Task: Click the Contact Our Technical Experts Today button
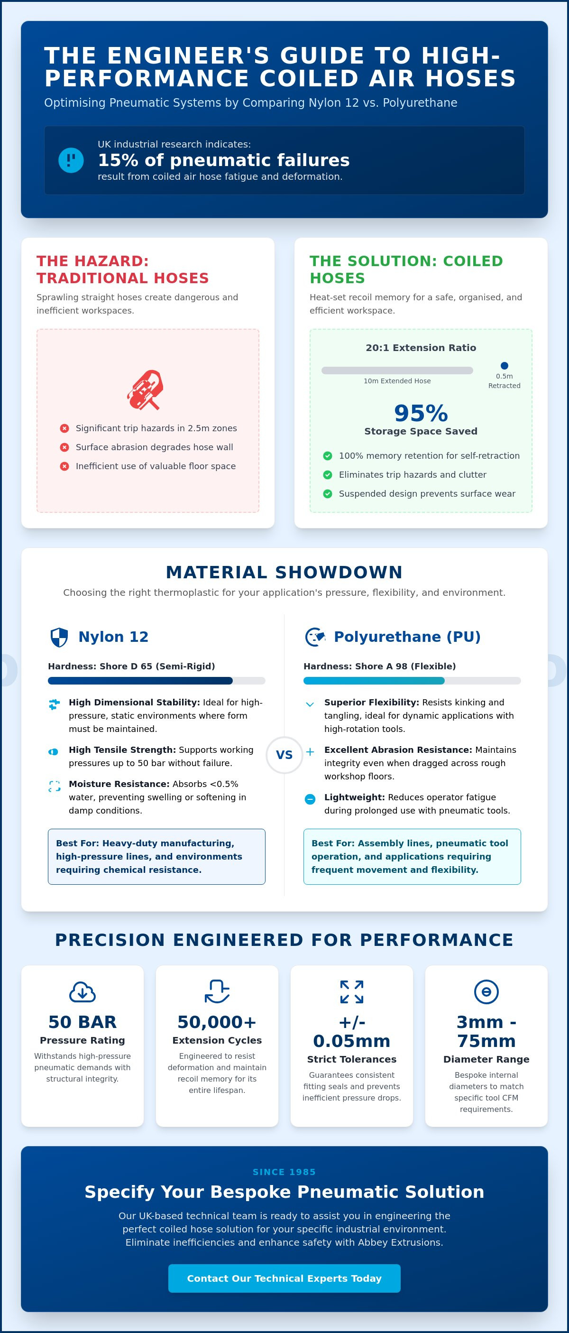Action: coord(284,1278)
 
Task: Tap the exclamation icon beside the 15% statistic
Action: coord(71,160)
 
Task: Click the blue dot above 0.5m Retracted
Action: coord(505,366)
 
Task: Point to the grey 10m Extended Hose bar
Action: coord(397,370)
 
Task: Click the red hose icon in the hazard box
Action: coord(146,389)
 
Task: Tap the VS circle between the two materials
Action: coord(284,755)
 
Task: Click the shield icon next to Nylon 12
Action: coord(59,638)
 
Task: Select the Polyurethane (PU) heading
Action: coord(407,637)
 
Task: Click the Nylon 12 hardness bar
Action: coord(156,680)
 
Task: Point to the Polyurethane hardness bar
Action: coord(412,680)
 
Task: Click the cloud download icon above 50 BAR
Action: coord(82,992)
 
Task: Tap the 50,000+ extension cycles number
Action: coord(217,1022)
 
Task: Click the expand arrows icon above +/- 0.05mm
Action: coord(352,992)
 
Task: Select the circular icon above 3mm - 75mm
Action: coord(486,992)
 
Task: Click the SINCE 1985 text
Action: coord(284,1172)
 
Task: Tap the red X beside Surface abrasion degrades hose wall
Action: coord(64,447)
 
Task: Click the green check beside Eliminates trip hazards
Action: coord(328,474)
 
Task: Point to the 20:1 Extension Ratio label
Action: coord(421,348)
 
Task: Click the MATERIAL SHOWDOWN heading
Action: coord(284,572)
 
